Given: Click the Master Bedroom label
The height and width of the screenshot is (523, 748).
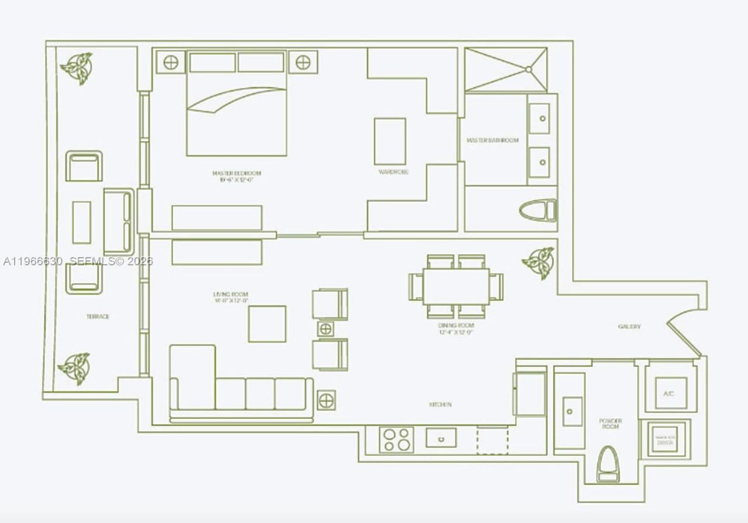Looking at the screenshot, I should (236, 173).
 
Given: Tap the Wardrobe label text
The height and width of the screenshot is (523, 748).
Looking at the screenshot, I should (393, 172).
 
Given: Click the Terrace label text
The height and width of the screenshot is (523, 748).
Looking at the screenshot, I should (98, 316).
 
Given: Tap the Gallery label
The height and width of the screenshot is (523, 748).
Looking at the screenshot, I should (629, 327).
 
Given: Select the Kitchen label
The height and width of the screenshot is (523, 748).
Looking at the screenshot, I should (440, 405).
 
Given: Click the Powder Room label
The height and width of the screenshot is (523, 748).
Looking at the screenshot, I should (610, 424).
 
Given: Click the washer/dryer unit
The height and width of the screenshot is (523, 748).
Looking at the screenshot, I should (666, 439).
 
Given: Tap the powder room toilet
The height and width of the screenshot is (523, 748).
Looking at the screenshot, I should (608, 464).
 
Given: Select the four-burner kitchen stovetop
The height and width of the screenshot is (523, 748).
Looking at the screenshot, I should (396, 440).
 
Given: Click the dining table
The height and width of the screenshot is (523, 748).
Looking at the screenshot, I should (456, 286).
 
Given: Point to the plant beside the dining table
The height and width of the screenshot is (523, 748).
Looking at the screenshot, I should (538, 262).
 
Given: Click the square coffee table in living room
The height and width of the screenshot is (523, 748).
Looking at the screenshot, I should (267, 323).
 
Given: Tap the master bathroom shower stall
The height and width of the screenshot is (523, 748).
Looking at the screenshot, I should (506, 70).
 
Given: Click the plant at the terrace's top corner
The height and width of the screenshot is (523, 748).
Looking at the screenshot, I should (77, 68).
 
